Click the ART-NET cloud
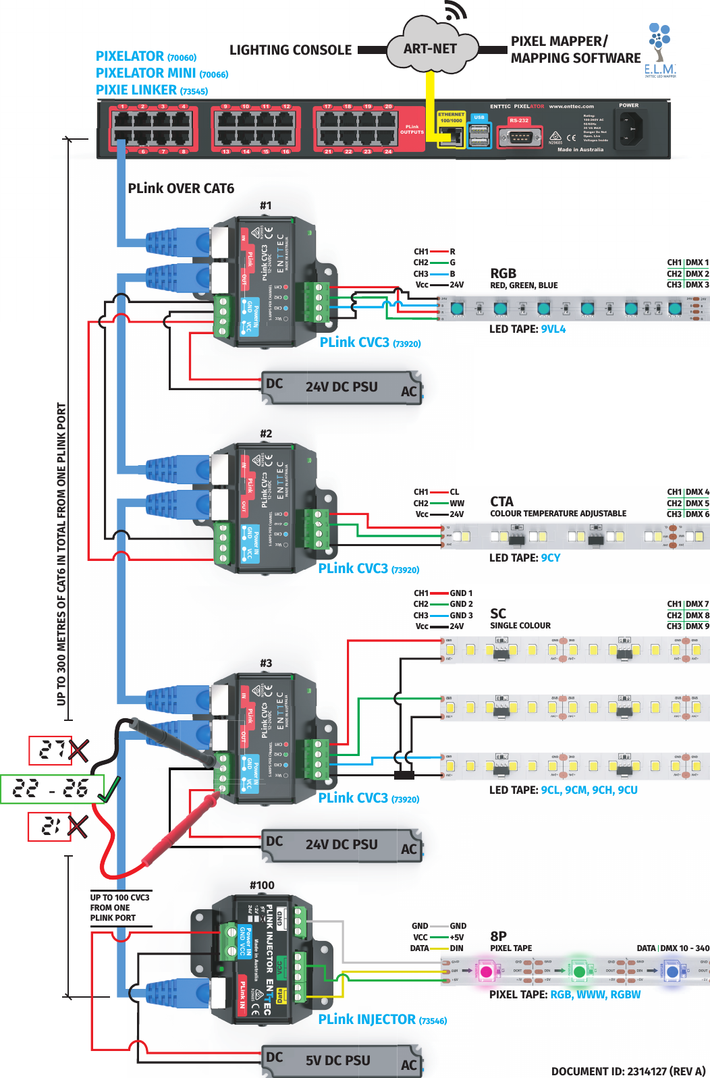pos(431,49)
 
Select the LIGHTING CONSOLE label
pos(290,50)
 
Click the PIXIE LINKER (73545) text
pos(151,90)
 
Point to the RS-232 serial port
pos(519,137)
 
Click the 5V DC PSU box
pos(341,1060)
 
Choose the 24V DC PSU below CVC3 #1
pos(341,387)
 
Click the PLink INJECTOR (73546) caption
pos(382,1019)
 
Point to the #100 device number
pos(262,885)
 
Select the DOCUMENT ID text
pos(628,1071)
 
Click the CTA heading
pos(501,502)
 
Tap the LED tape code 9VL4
pos(553,329)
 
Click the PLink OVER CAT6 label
pos(181,188)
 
